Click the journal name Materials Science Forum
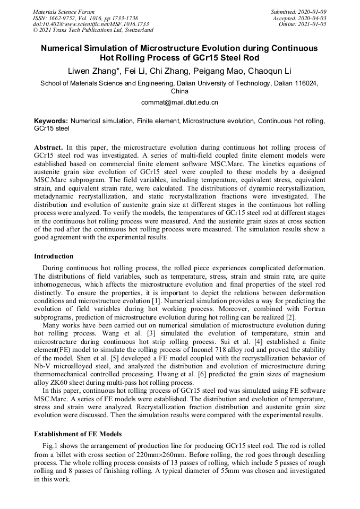(64, 12)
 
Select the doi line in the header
(91, 24)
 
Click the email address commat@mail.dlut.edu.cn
(179, 102)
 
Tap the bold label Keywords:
(51, 121)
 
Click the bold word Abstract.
(49, 146)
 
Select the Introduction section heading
(54, 256)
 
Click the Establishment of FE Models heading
(78, 434)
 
